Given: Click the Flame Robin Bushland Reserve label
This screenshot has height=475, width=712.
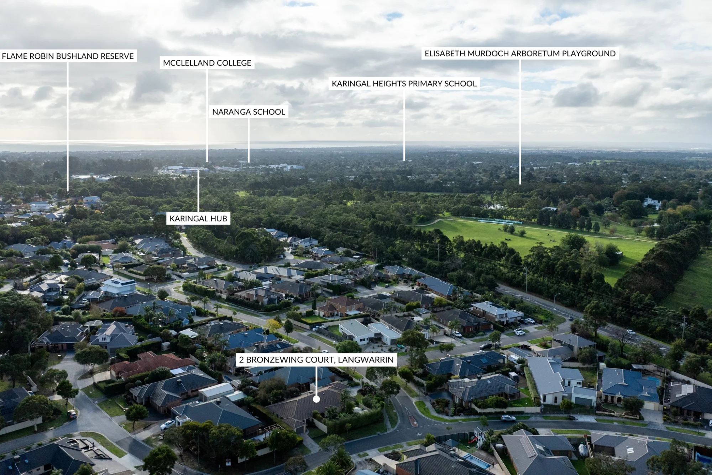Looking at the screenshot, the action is click(x=68, y=56).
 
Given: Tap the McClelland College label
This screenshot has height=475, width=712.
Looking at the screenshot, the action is click(x=207, y=63).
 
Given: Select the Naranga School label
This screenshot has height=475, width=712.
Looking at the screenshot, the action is click(x=248, y=112).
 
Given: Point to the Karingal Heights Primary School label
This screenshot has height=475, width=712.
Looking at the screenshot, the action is click(x=404, y=83).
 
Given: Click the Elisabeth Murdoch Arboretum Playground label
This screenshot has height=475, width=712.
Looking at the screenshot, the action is click(x=520, y=53).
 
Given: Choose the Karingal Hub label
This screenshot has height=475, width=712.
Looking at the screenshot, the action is click(x=198, y=218).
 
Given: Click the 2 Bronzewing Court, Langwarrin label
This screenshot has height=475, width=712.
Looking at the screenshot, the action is click(x=316, y=360).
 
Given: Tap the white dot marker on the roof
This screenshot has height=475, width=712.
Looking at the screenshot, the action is click(x=316, y=399).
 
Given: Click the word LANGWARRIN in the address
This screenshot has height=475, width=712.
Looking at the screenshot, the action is click(x=366, y=360).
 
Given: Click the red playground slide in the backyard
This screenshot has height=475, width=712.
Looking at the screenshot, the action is click(x=473, y=440).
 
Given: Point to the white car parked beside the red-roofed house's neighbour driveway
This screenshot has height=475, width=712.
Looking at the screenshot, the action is click(x=167, y=424).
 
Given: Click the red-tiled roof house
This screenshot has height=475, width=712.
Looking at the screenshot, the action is click(x=151, y=364).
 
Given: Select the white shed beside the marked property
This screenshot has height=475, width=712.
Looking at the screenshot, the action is click(x=216, y=391).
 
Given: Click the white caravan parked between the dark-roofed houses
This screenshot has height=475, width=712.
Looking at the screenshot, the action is click(x=513, y=376).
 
